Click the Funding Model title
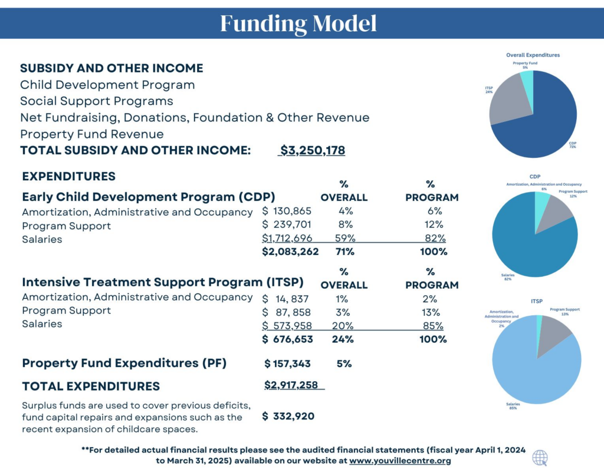pyautogui.click(x=298, y=24)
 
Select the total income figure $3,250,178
pyautogui.click(x=312, y=150)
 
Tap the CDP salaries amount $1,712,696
pyautogui.click(x=287, y=238)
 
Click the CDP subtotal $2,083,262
pyautogui.click(x=290, y=252)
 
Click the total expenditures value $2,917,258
pyautogui.click(x=291, y=385)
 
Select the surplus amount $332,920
pyautogui.click(x=288, y=416)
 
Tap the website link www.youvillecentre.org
pyautogui.click(x=400, y=461)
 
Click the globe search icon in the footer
pyautogui.click(x=539, y=458)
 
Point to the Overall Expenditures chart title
pyautogui.click(x=533, y=55)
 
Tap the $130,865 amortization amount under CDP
pyautogui.click(x=287, y=211)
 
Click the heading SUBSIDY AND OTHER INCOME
pyautogui.click(x=111, y=68)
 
